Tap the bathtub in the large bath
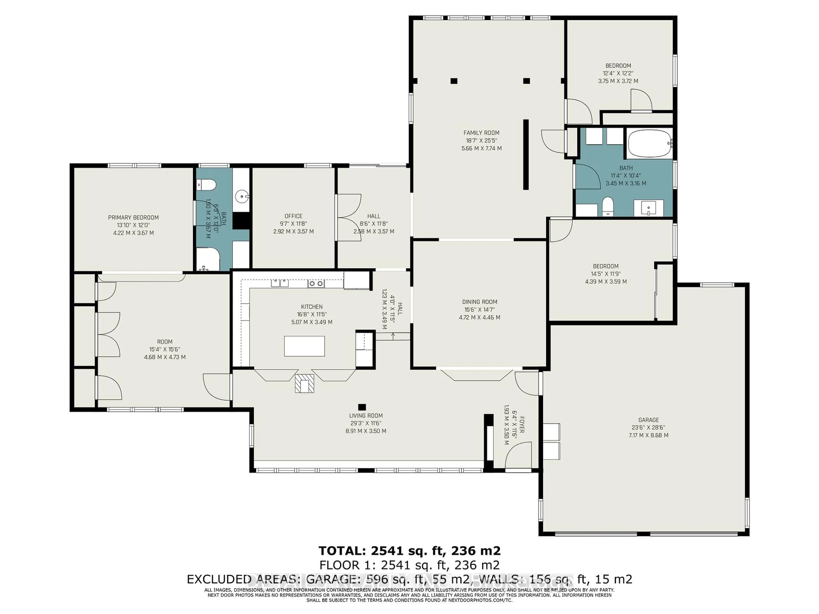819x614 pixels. [649, 144]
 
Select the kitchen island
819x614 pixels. [304, 346]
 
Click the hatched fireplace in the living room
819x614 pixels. [304, 383]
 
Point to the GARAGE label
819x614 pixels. [648, 420]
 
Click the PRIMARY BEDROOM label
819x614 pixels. [133, 217]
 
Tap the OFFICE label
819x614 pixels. [293, 216]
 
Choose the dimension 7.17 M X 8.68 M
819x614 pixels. [648, 435]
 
